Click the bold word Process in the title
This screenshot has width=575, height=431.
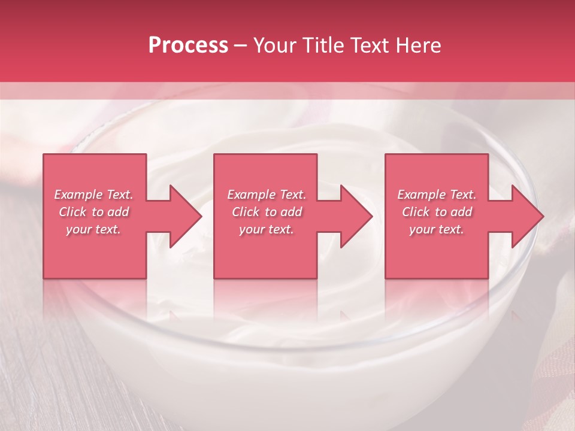click(188, 45)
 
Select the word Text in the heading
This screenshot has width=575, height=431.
click(370, 45)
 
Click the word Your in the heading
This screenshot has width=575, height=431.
click(276, 45)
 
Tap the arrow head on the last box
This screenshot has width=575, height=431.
click(526, 216)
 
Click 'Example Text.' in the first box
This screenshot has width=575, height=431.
click(94, 195)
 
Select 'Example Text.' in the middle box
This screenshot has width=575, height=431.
click(267, 195)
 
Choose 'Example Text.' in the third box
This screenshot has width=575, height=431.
click(437, 195)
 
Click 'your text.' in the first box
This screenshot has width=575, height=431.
click(94, 229)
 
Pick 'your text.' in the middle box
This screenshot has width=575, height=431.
click(267, 229)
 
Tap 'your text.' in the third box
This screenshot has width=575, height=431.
click(437, 229)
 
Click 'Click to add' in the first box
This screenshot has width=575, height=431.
click(94, 212)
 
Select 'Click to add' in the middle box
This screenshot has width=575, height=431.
click(267, 212)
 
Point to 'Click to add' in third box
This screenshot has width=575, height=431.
click(437, 212)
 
